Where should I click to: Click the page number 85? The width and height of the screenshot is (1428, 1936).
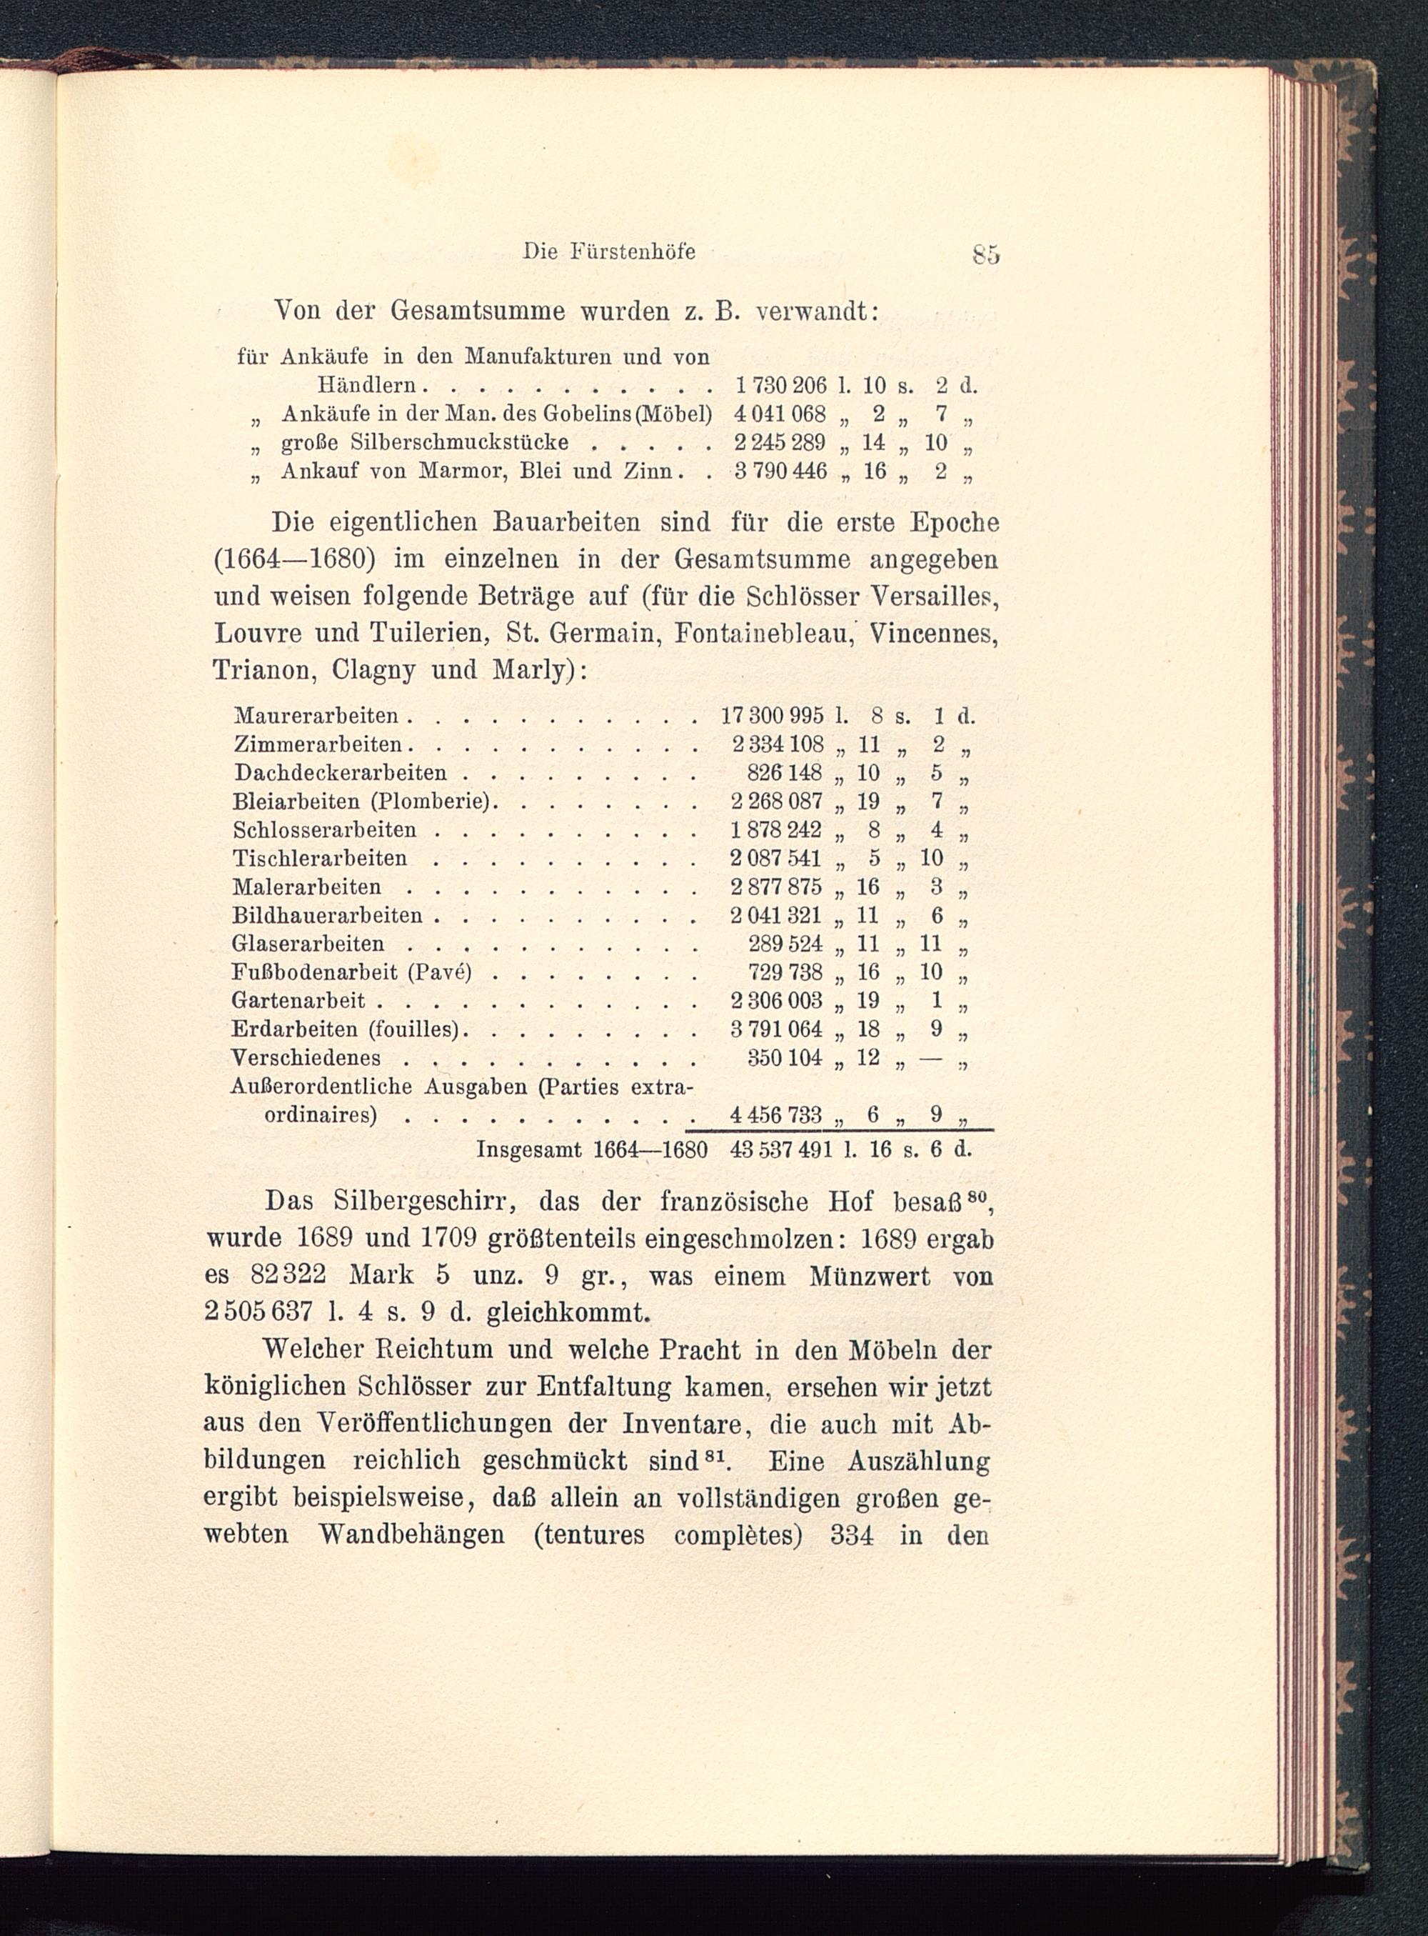985,255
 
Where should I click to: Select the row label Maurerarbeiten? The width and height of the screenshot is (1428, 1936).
316,716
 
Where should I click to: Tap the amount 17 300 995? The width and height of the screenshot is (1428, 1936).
772,716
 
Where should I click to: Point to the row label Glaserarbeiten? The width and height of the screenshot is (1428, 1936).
308,944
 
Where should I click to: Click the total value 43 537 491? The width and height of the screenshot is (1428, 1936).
780,1151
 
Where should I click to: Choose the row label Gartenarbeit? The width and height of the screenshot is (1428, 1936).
298,1000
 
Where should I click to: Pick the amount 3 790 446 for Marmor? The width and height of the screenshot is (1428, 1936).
780,471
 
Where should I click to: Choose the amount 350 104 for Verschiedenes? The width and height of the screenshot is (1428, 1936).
784,1057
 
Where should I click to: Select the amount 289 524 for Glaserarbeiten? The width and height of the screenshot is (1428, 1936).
784,944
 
